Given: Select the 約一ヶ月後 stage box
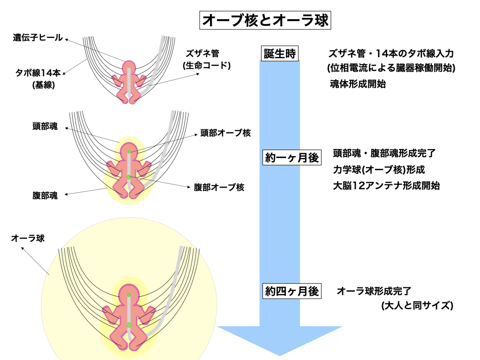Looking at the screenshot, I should pos(292,158).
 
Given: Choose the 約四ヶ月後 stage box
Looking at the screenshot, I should pos(292,291).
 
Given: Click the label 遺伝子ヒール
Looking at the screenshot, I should pos(37,38).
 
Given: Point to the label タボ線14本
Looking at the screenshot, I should pos(37,73).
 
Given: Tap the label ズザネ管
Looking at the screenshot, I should pos(202,53).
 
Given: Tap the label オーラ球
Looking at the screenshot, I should pos(28,238).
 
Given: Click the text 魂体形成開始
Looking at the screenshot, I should pos(358,84).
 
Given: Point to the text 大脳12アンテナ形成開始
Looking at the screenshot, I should pos(386,186).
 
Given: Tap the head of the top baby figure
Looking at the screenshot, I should pos(129,67).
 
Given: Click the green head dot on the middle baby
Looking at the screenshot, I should pos(129,152).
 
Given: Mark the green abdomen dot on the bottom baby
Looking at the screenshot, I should pos(129,324).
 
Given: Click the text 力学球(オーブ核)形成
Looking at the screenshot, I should pos(379,170).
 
